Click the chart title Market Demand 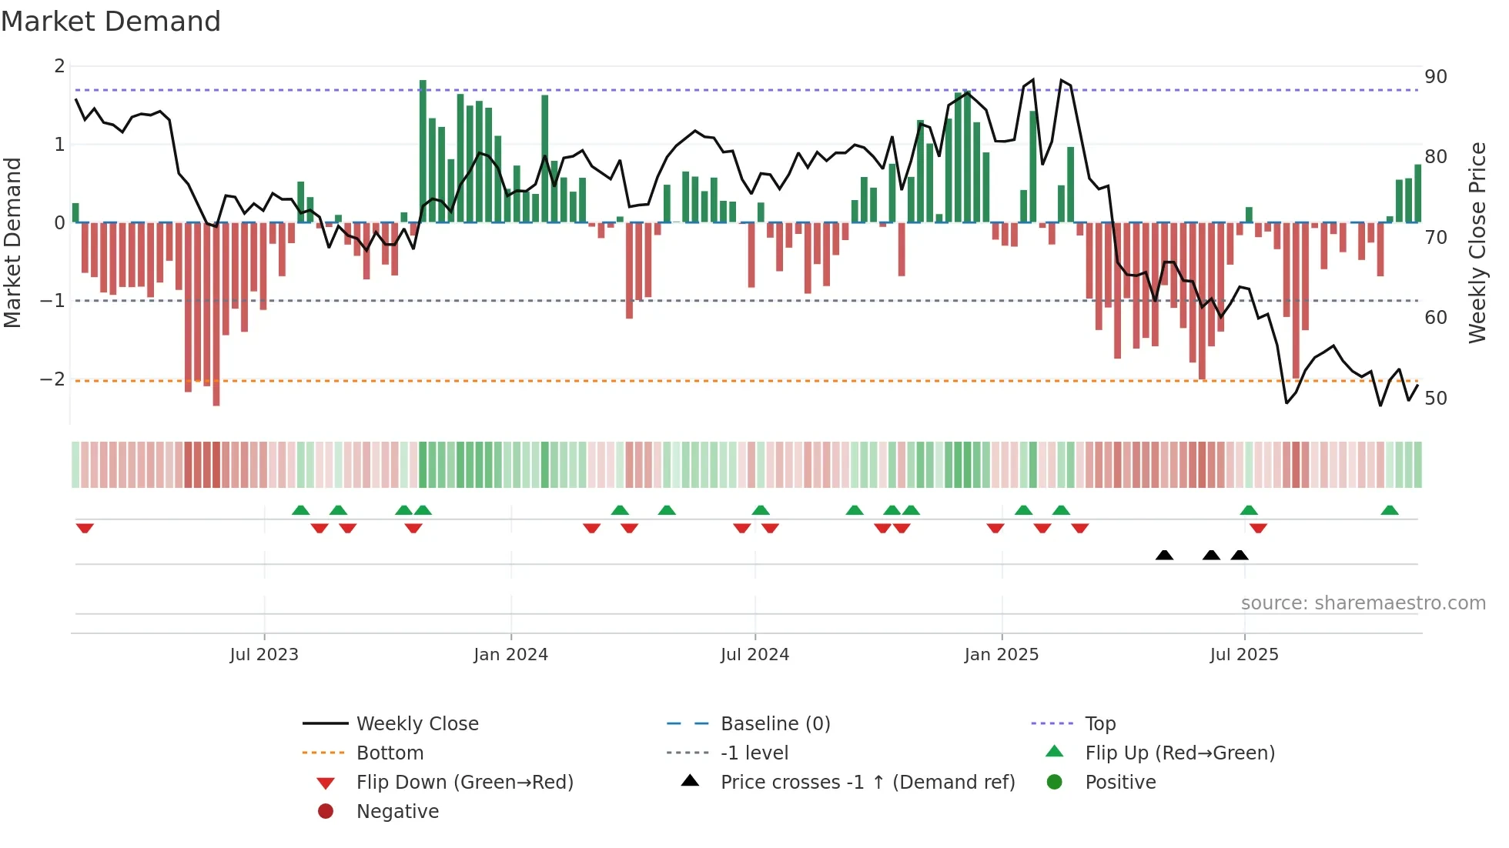(x=111, y=22)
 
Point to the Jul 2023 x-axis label (x=263, y=655)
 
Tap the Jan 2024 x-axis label (x=510, y=655)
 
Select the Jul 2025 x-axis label (x=1243, y=655)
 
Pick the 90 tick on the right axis (x=1435, y=77)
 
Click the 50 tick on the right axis (x=1435, y=399)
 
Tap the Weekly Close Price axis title (x=1477, y=242)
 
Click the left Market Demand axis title (x=12, y=242)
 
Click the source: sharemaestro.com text (x=1363, y=603)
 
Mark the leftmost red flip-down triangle (x=85, y=528)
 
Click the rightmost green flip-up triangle (x=1390, y=510)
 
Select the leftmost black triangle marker (x=1164, y=555)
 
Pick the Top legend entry (x=1099, y=724)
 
